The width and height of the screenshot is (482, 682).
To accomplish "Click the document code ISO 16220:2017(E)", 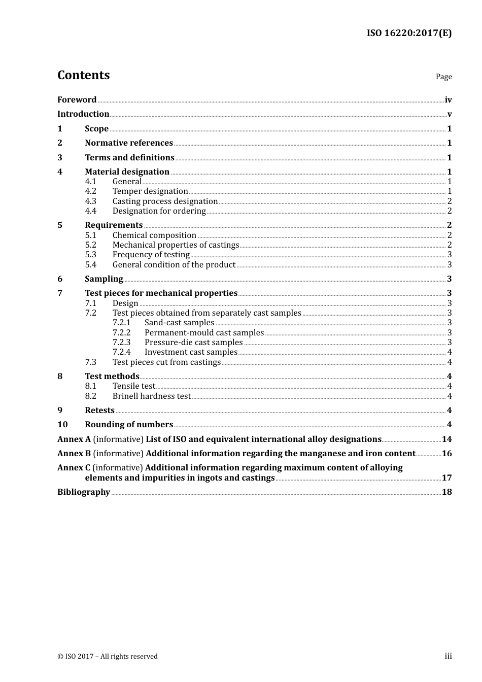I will point(409,33).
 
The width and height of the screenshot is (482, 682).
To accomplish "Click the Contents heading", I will point(83,75).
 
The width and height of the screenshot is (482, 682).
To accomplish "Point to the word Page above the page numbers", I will point(443,77).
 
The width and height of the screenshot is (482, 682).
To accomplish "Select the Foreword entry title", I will point(77,100).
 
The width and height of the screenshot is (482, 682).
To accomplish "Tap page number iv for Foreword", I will point(448,100).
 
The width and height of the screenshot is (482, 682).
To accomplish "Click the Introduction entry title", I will point(83,114).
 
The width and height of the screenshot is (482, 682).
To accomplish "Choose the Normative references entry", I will point(129,143).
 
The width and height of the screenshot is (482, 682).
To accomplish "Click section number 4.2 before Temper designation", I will point(90,191).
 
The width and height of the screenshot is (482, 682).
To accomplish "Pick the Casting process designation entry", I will point(165,201).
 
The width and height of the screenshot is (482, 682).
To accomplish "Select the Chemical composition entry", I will point(154,235).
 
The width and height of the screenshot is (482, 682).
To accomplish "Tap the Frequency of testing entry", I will point(151,255).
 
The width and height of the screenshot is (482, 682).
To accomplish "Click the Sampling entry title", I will point(104,279).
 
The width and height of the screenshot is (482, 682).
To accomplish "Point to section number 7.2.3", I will point(121,343).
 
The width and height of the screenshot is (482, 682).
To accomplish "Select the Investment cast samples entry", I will point(191,352).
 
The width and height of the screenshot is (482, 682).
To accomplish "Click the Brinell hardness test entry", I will point(152,396).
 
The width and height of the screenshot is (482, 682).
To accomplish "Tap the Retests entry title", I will point(99,411).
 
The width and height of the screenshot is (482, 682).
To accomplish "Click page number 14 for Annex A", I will point(446,439).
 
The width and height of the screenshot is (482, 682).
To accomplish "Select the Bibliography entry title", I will point(84,492).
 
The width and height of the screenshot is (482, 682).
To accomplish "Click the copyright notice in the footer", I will point(108,657).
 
